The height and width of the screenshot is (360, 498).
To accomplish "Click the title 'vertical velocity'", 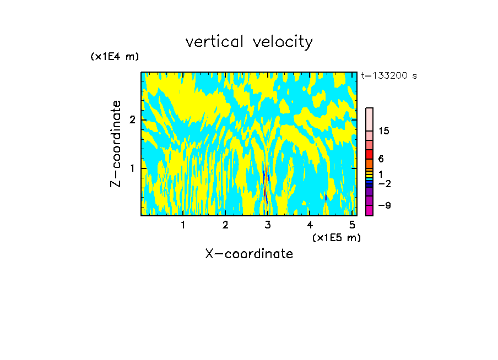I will [x=249, y=42].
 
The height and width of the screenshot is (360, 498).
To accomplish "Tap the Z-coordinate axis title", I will [x=116, y=144].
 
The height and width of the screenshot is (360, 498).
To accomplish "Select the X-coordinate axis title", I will [x=249, y=254].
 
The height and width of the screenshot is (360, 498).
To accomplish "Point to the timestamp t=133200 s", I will [x=388, y=76].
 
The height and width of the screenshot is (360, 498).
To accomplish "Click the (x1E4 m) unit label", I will [x=115, y=57].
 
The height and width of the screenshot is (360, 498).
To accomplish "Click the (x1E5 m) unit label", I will [x=336, y=237].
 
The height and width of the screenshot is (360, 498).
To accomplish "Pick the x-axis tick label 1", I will [x=183, y=225].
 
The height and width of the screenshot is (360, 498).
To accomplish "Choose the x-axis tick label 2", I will [x=225, y=225].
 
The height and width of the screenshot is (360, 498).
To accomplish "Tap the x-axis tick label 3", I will [x=268, y=225].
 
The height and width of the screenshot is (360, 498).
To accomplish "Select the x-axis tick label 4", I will [x=310, y=225].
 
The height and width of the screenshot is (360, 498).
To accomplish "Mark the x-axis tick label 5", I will [x=352, y=225].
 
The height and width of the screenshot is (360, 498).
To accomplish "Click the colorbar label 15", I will [x=384, y=131].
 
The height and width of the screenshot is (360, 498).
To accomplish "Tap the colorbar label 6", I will [x=381, y=159].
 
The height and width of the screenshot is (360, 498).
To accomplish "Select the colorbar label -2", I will [x=384, y=183].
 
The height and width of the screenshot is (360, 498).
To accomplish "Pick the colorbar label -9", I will [x=384, y=205].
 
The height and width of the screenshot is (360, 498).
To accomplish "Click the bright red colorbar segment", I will [x=369, y=154].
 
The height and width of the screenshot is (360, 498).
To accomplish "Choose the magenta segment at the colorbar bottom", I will [x=369, y=210].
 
